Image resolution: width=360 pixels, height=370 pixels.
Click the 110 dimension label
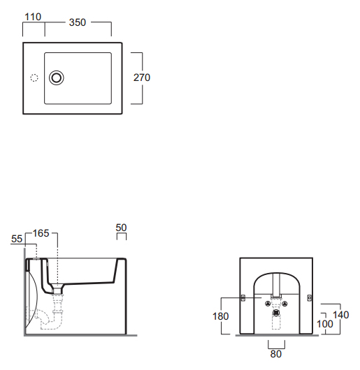coord(33,17)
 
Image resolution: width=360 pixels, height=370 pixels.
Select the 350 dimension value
coord(78,22)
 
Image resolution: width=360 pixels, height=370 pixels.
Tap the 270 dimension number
coord(142,77)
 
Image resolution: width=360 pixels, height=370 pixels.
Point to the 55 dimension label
coord(17,239)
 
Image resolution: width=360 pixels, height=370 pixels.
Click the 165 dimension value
coord(41,233)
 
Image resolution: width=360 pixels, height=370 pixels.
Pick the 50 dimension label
coord(121,228)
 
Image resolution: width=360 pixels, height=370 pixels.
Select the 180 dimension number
coord(221,316)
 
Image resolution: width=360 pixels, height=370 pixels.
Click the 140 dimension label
coord(341,315)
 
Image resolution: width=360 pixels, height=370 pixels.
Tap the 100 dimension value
coord(325,324)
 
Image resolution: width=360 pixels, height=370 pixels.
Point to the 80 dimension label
coord(276,354)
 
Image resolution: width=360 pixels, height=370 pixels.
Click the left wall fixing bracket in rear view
coord(243,298)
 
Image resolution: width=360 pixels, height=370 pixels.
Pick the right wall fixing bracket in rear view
coord(310,298)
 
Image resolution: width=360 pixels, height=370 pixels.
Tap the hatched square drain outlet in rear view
coord(276,313)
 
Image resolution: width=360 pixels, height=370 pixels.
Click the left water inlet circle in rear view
coord(268,304)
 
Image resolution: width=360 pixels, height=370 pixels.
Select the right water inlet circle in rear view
coord(285,304)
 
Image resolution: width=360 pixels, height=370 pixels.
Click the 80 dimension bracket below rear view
coord(276,348)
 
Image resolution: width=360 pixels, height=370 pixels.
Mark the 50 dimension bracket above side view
coord(122,233)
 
